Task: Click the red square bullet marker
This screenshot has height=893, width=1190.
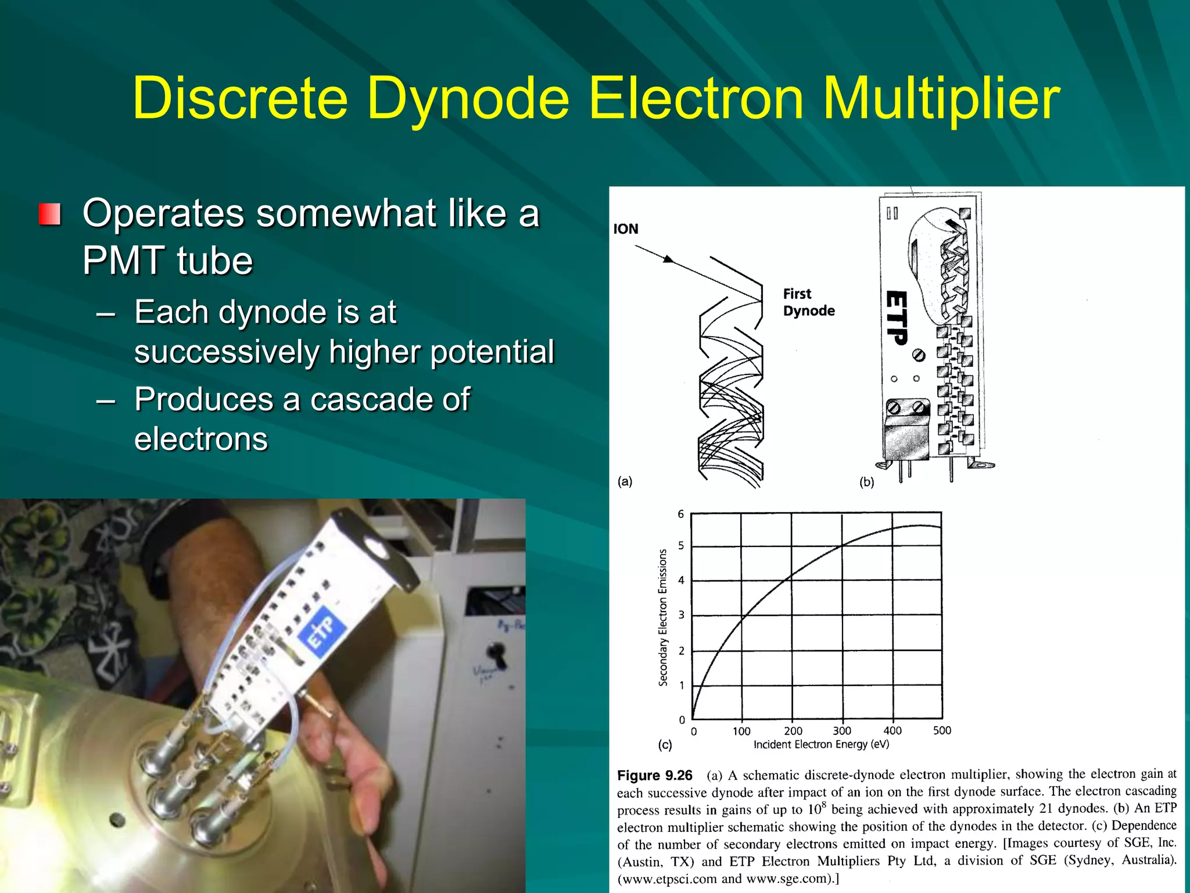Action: [x=50, y=214]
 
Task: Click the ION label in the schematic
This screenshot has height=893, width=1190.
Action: [x=626, y=229]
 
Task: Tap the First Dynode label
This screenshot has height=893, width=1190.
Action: [x=808, y=302]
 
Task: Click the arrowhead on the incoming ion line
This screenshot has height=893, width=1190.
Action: [x=669, y=259]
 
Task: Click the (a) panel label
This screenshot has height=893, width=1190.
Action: [x=625, y=481]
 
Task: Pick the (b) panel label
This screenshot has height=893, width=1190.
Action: [x=866, y=482]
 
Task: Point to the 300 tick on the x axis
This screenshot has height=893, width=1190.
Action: [x=841, y=731]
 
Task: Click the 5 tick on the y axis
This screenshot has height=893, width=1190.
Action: [x=681, y=546]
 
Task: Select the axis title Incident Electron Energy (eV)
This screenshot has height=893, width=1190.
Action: [x=821, y=745]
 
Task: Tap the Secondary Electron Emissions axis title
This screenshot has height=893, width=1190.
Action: [x=663, y=617]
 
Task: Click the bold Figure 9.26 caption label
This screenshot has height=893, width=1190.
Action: [x=654, y=776]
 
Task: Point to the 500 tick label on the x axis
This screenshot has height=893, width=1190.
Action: [x=942, y=730]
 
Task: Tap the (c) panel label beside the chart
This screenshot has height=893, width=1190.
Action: [x=665, y=745]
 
